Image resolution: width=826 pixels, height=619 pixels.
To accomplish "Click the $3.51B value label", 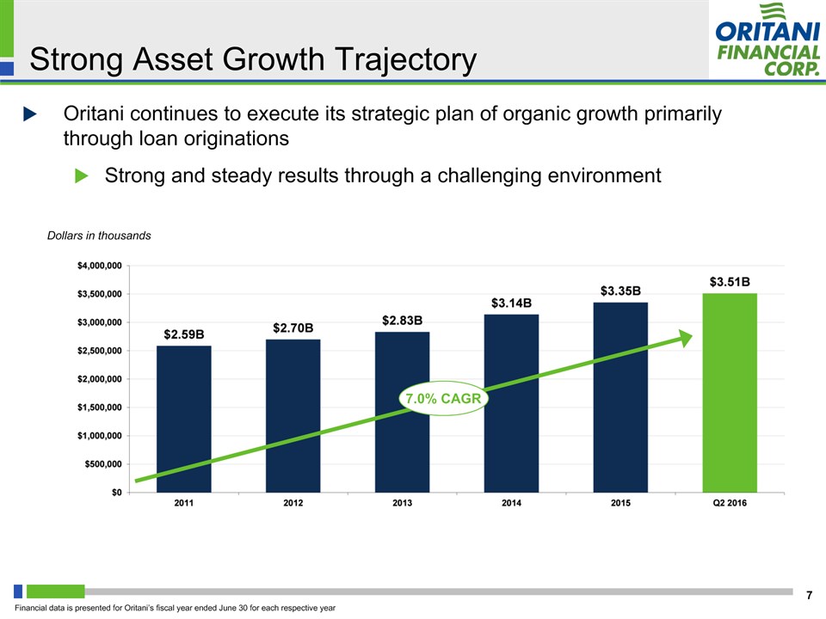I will [730, 281].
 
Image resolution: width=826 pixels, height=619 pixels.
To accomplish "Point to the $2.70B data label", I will [293, 328].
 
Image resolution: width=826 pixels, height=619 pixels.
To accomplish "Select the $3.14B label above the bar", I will [511, 303].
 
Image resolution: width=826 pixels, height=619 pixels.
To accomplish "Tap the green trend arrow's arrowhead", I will [685, 337].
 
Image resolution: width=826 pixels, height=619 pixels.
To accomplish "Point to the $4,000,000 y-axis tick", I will [96, 266].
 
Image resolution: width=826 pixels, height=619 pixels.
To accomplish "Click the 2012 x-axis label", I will [293, 504].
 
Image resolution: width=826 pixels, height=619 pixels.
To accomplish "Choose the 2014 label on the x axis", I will [511, 504].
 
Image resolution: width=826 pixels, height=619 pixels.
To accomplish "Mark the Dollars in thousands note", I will [99, 236].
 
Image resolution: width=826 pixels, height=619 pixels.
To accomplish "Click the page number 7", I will [809, 595].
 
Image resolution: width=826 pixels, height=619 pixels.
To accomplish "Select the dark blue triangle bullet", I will [30, 113].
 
